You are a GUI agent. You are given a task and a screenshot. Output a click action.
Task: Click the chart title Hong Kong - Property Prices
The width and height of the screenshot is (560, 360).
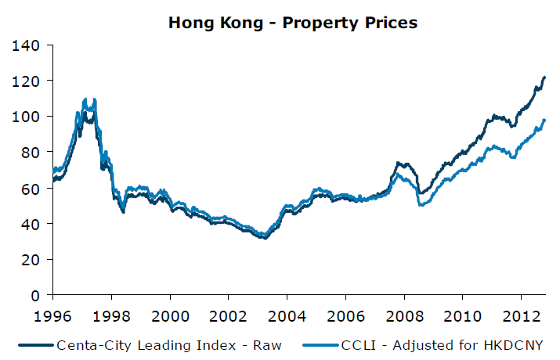pyautogui.click(x=293, y=23)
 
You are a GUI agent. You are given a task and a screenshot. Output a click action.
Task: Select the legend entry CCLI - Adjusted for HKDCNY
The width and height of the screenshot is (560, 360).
pyautogui.click(x=442, y=344)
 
